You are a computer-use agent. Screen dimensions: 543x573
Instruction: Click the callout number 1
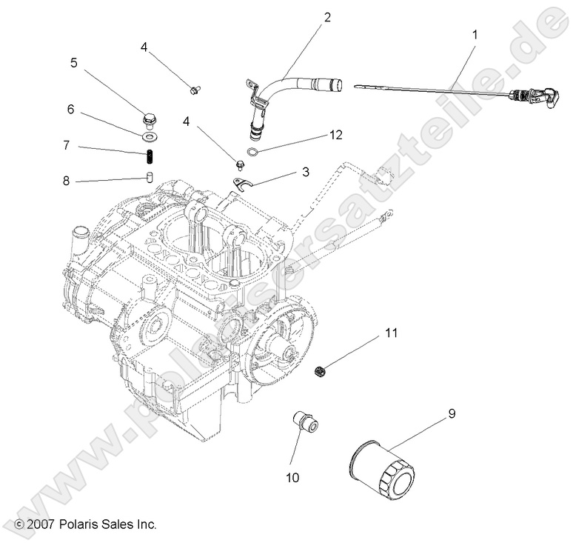click(475, 34)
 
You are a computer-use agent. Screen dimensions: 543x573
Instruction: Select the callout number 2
click(326, 17)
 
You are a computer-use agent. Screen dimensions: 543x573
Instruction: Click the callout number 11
click(390, 333)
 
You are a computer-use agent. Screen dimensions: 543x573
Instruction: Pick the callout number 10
click(292, 478)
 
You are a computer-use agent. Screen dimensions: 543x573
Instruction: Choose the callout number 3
click(304, 173)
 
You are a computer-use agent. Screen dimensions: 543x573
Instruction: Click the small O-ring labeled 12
click(253, 153)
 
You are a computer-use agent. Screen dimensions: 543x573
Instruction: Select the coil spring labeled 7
click(148, 157)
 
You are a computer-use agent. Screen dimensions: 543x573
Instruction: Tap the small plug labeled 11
click(321, 369)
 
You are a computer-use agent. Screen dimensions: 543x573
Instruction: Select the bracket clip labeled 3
click(243, 184)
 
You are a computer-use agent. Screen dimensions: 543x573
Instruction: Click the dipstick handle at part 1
click(545, 97)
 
